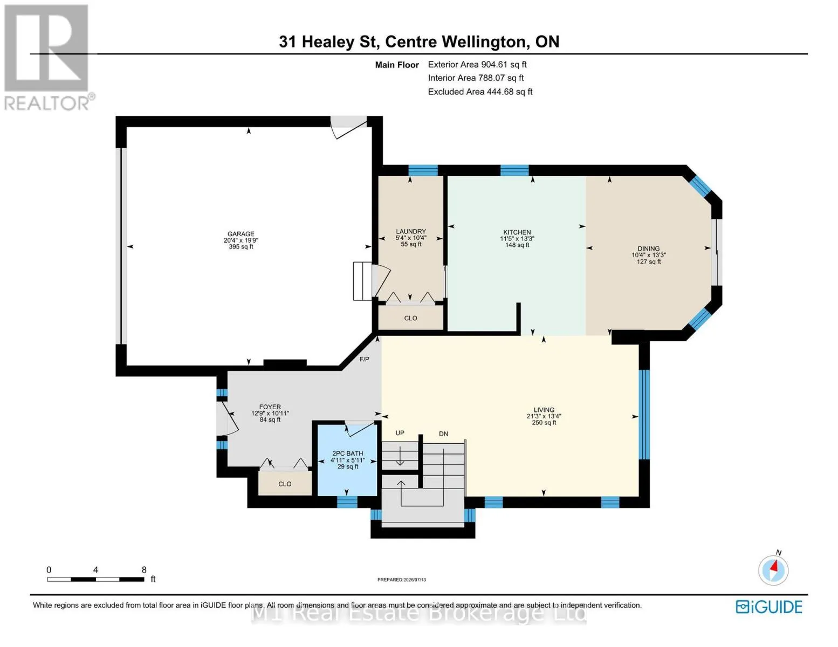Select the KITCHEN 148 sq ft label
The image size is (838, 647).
pos(517,238)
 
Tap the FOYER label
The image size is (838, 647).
pos(270,407)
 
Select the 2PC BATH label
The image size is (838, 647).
pos(347,453)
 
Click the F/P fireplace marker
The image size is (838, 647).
pos(364,360)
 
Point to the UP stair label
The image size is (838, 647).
pos(400,433)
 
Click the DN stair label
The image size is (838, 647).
pos(443,434)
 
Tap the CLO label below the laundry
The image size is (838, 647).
pos(410,318)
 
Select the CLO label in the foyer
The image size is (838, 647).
pos(285,484)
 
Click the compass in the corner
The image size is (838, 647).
pos(773,570)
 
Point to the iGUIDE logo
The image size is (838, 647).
pos(768,607)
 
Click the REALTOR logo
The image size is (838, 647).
pos(47,58)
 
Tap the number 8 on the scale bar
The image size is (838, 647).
pos(144,569)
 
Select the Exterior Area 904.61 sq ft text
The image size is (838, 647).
pos(477,64)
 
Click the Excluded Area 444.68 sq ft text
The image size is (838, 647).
pos(480,92)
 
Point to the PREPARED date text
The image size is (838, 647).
pos(401,580)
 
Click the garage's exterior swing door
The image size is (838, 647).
pos(348,127)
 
